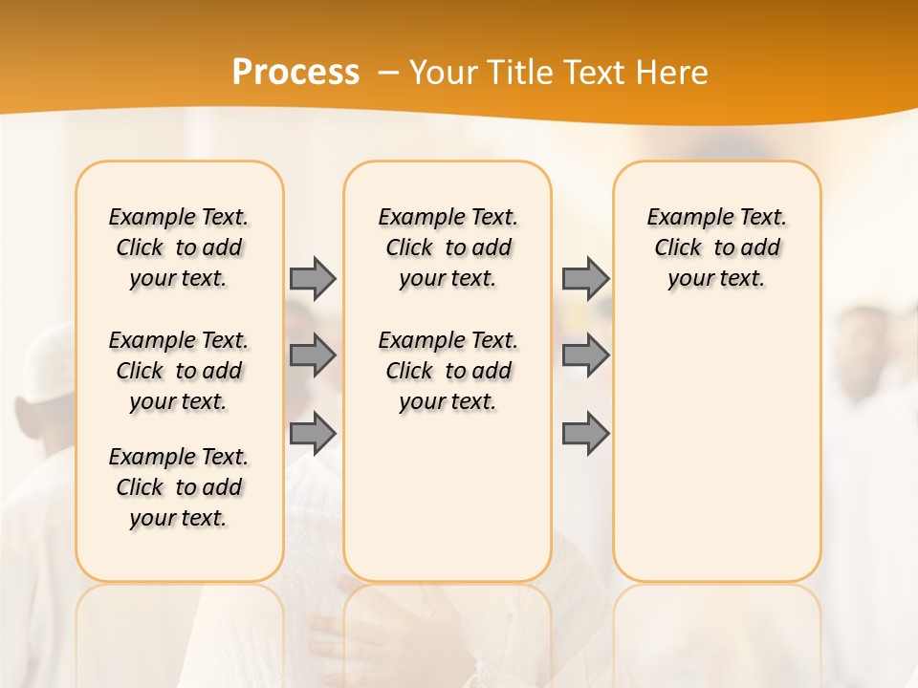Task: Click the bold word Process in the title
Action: pos(295,73)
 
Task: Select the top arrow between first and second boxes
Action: pos(313,278)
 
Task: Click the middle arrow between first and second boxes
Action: pos(313,355)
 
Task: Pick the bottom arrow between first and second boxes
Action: pos(313,434)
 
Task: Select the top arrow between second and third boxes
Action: pos(585,278)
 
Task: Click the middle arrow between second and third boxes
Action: pos(585,355)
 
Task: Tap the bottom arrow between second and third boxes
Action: pos(585,434)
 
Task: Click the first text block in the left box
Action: pos(179,247)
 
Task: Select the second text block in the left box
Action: pos(179,371)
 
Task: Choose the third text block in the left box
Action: pos(179,487)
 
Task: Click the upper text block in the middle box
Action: pos(448,247)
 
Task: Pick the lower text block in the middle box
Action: pos(448,371)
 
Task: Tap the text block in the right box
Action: pos(716,247)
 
